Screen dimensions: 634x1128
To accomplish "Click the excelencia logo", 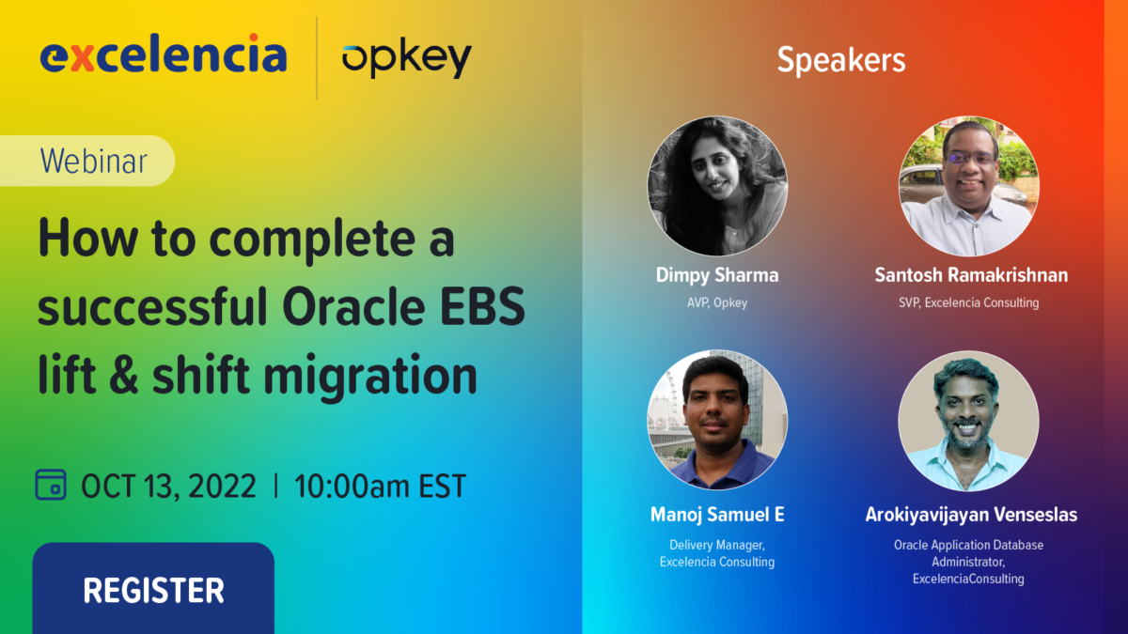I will [164, 55].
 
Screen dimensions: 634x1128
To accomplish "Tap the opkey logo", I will [406, 59].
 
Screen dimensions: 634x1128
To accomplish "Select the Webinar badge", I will [95, 161].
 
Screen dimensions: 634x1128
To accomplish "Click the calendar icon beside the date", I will [51, 485].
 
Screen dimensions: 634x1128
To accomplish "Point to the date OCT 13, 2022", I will [168, 487].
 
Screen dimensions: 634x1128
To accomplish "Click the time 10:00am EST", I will [380, 487].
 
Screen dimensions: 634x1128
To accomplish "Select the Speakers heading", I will [840, 60].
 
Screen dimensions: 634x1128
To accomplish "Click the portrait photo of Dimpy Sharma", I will [717, 186].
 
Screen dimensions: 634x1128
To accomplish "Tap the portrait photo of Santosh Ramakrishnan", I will [969, 186].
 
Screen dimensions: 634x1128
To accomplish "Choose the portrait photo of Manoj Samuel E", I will [717, 419].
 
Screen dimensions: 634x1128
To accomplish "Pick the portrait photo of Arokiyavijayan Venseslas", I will [969, 419].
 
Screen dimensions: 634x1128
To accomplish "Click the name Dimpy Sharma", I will [717, 275].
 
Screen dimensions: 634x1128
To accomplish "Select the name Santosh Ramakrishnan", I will [971, 275].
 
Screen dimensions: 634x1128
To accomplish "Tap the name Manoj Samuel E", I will [717, 515].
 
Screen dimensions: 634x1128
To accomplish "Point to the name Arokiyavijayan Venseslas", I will [971, 515].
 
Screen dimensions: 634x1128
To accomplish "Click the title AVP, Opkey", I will [717, 302].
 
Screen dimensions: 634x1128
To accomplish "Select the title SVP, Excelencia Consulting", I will [969, 302].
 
